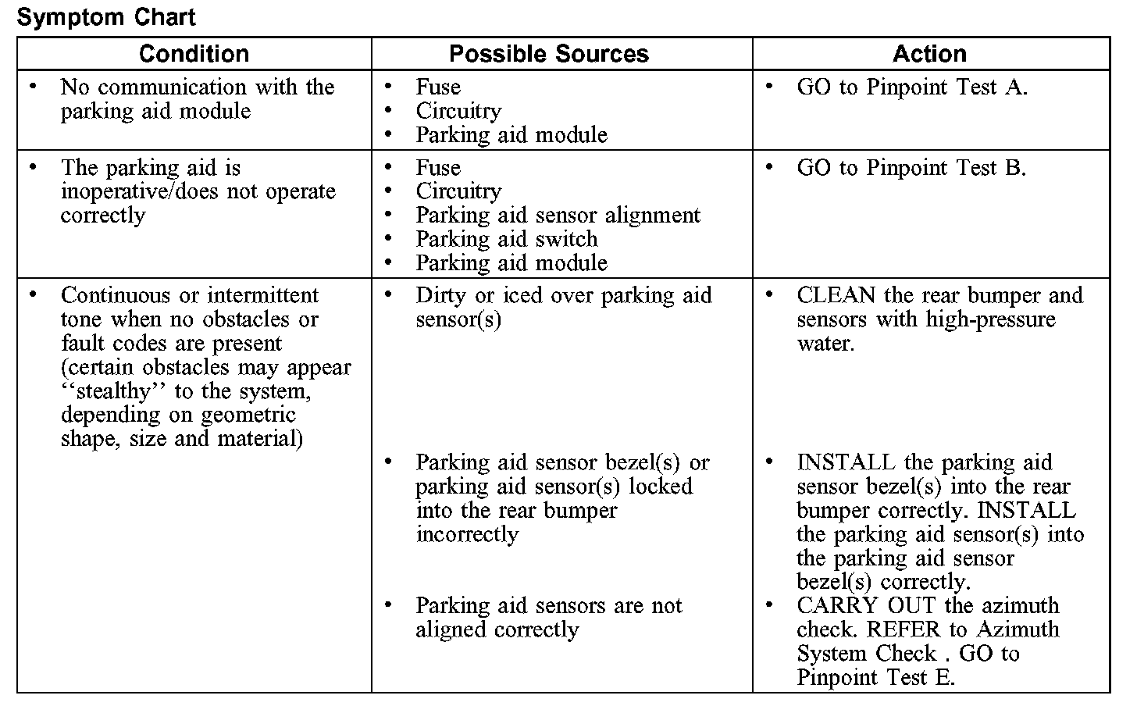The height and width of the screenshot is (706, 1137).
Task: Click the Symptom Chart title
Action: [106, 17]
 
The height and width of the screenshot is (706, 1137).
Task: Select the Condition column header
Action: [194, 54]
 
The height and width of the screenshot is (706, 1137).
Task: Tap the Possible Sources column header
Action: [549, 54]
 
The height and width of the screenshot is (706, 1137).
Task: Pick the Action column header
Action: [929, 54]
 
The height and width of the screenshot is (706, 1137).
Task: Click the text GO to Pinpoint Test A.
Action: [912, 87]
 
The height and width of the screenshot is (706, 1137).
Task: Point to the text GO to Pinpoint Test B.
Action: [911, 168]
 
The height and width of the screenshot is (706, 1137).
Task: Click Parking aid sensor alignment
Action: [558, 216]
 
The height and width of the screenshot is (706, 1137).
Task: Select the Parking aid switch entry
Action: [506, 239]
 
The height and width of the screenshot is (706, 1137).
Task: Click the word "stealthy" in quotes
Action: [115, 391]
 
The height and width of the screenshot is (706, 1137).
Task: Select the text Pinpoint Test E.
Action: [875, 677]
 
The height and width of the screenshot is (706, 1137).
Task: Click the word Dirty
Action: [441, 296]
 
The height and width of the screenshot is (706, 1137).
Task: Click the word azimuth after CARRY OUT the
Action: [1020, 606]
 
